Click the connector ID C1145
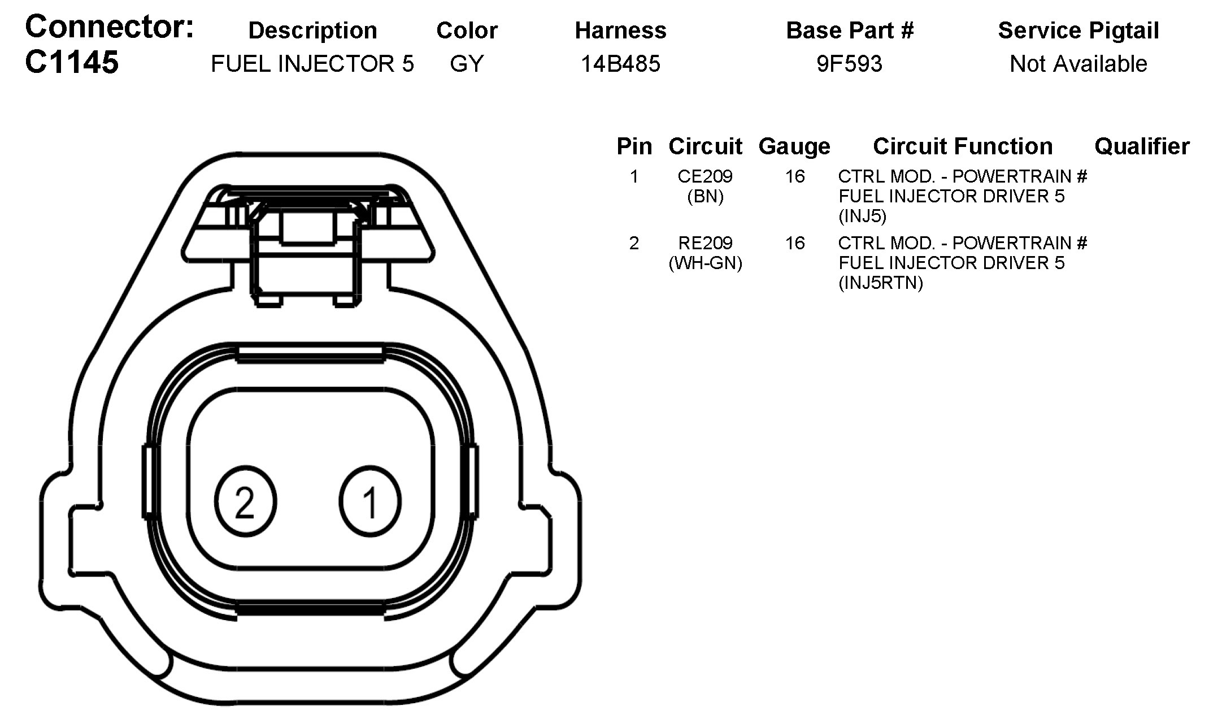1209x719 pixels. (72, 62)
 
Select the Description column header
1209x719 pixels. (312, 31)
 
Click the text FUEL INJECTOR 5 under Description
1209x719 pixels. (312, 64)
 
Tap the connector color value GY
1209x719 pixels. (467, 64)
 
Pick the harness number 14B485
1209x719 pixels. (620, 64)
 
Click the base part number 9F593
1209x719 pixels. (849, 64)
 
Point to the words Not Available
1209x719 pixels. (1078, 64)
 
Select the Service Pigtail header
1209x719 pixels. (1078, 31)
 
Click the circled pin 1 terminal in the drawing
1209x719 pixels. (370, 501)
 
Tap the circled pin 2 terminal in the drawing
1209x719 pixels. (245, 501)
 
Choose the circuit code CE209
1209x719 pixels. (704, 176)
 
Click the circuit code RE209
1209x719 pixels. (704, 243)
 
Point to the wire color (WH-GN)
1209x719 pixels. (704, 263)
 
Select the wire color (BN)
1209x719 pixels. (704, 196)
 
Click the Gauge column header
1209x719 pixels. (794, 146)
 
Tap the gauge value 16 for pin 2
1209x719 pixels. (794, 243)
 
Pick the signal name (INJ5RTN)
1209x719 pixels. (880, 283)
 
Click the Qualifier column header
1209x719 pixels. (1142, 146)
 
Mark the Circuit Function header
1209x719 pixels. (962, 146)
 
